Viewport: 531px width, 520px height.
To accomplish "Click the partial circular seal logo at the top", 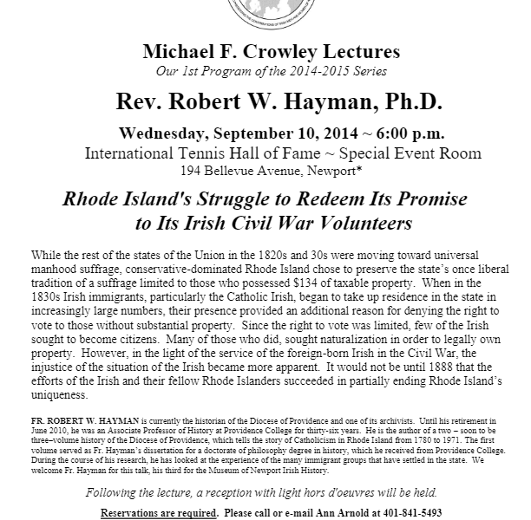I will pos(265,11).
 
